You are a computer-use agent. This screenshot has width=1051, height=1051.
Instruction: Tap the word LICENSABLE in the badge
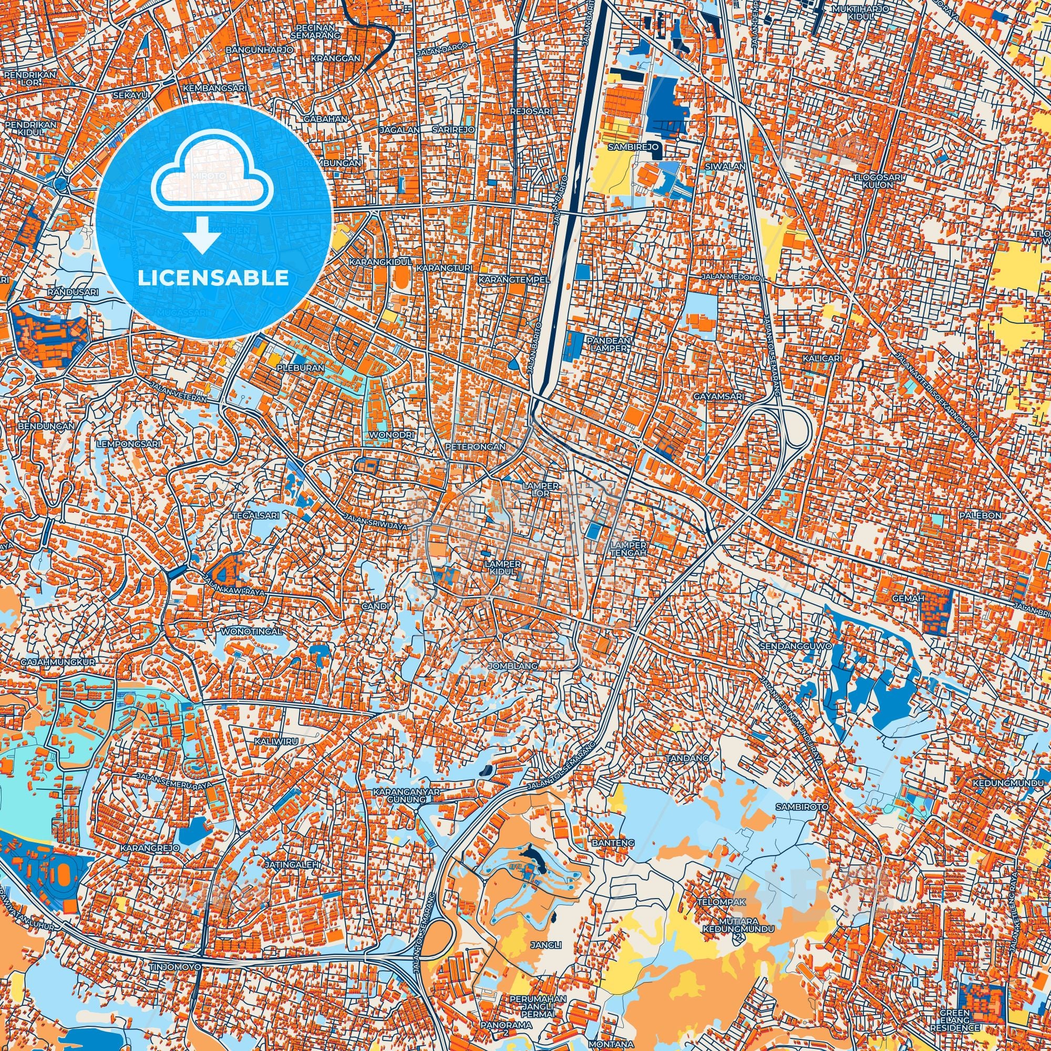(213, 278)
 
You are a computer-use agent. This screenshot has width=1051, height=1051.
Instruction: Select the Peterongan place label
(476, 446)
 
